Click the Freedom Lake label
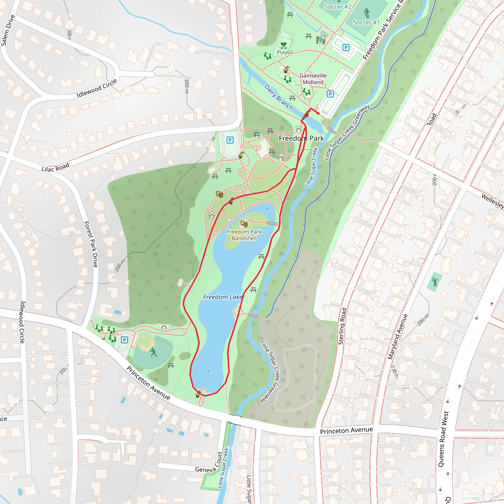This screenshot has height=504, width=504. [222, 297]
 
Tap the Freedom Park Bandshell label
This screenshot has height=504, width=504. [244, 235]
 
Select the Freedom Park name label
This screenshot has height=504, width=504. [301, 138]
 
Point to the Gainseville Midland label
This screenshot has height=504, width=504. [313, 79]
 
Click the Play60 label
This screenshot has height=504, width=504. [285, 52]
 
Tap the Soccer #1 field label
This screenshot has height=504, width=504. [366, 22]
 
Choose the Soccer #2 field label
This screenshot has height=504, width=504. [338, 7]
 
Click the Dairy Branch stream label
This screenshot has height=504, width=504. [279, 97]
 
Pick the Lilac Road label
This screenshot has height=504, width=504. [55, 167]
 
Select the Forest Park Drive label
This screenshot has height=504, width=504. [91, 244]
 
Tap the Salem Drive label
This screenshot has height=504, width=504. [8, 30]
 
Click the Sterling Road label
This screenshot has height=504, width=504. [342, 326]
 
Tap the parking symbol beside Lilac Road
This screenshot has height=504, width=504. [230, 140]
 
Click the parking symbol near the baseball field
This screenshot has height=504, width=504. [125, 340]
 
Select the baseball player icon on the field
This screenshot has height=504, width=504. [153, 352]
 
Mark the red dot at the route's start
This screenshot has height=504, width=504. [318, 113]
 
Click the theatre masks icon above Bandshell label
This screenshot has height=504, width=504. [244, 223]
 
